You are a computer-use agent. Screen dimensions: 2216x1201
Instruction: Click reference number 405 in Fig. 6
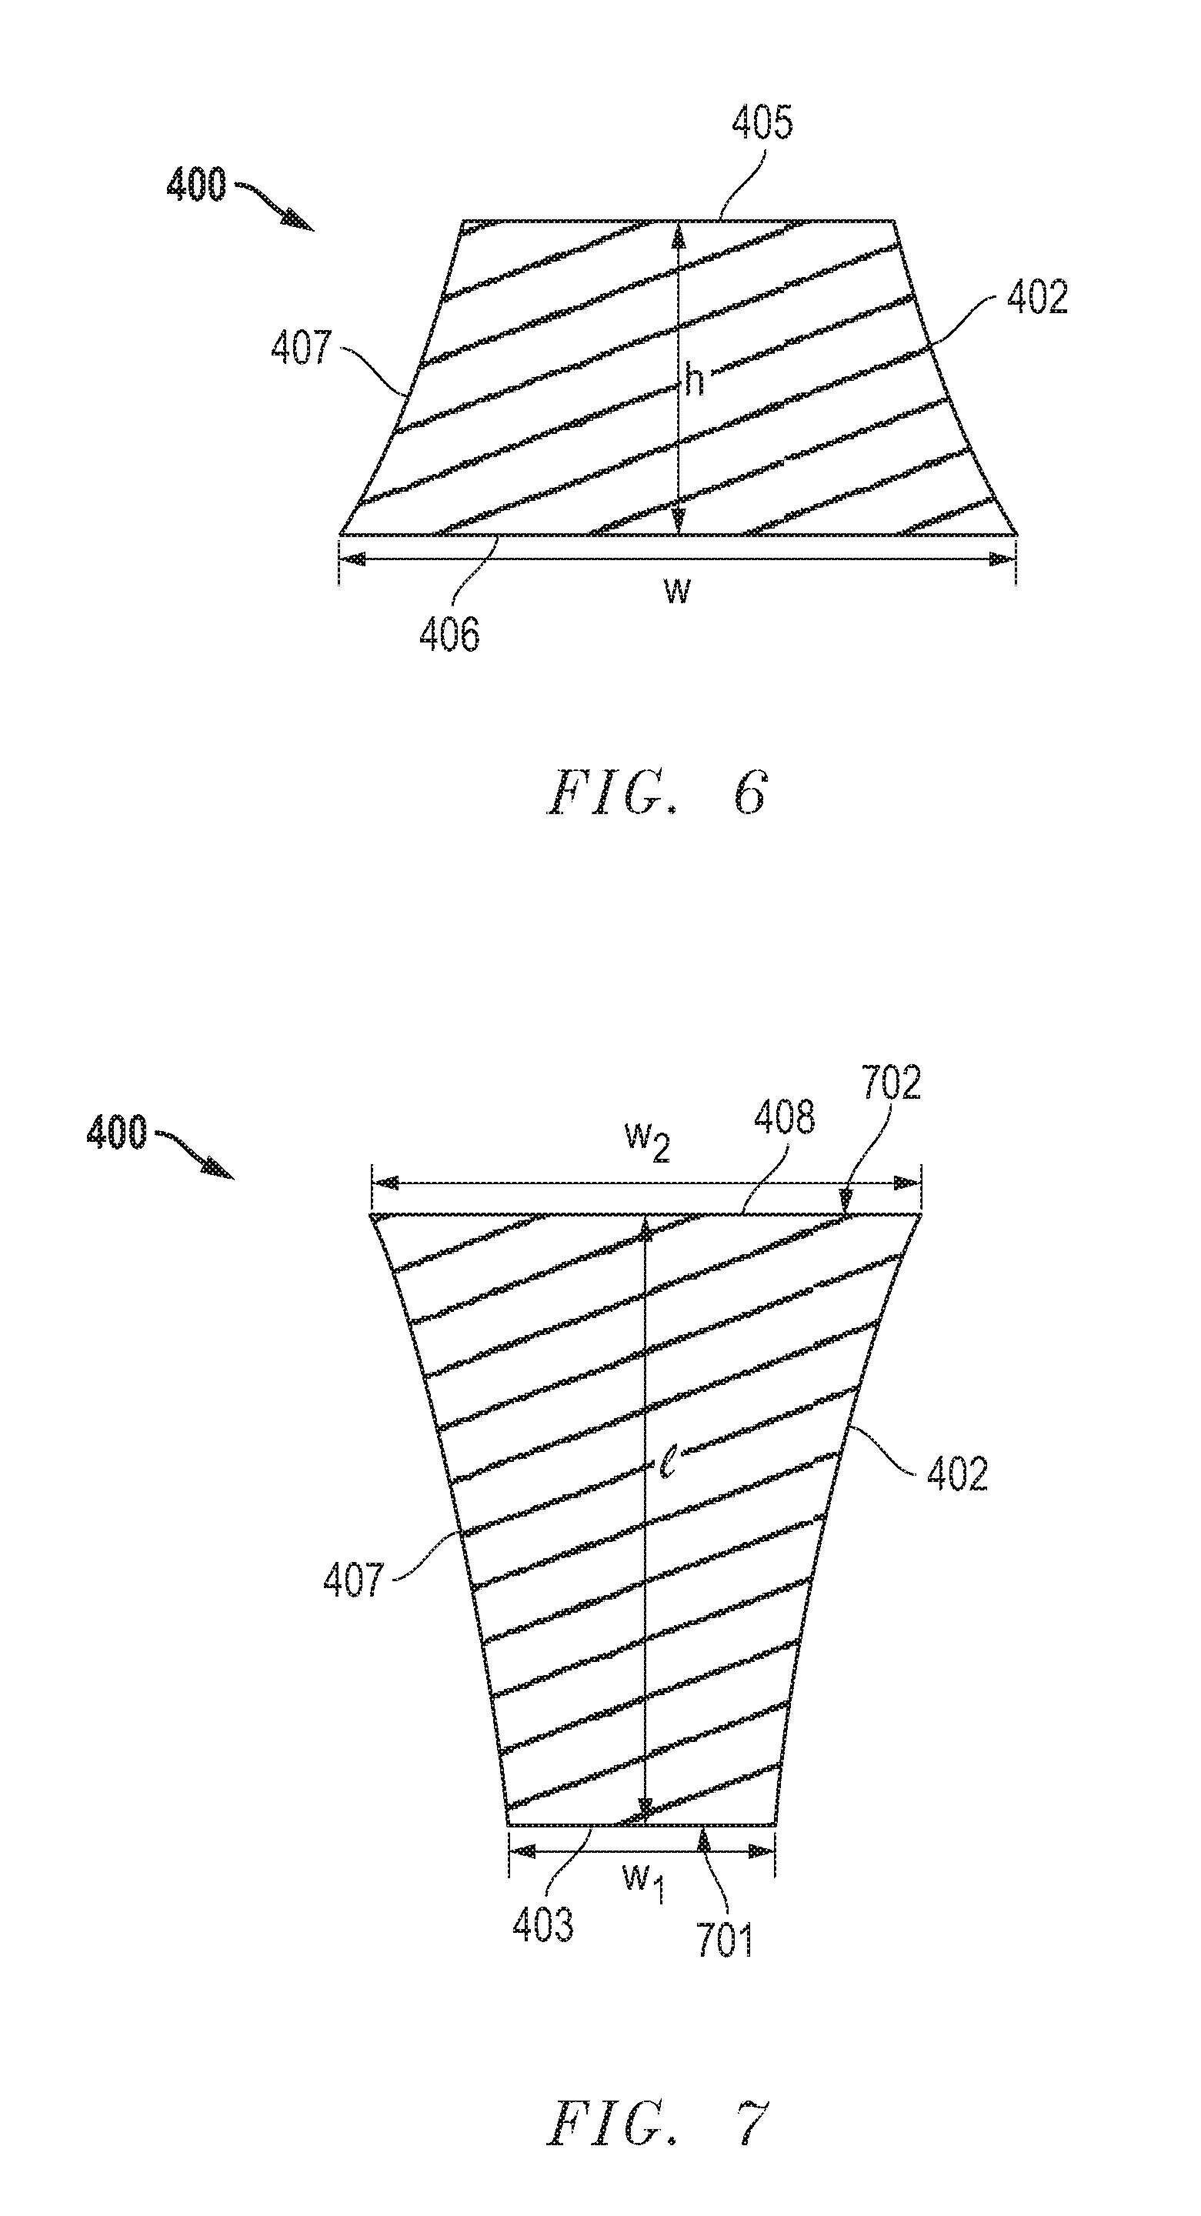[762, 124]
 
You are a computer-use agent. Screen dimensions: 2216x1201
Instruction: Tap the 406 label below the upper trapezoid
[449, 635]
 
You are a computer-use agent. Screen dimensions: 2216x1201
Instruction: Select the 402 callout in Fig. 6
[1036, 297]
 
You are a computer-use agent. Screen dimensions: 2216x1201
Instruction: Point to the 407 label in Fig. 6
[301, 349]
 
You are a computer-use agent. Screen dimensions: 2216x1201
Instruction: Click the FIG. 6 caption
[656, 793]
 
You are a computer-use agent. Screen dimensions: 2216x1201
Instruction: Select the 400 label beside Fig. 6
[196, 185]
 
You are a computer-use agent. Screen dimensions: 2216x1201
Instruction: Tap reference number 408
[784, 1117]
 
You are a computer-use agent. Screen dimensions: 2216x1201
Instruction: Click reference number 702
[891, 1082]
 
